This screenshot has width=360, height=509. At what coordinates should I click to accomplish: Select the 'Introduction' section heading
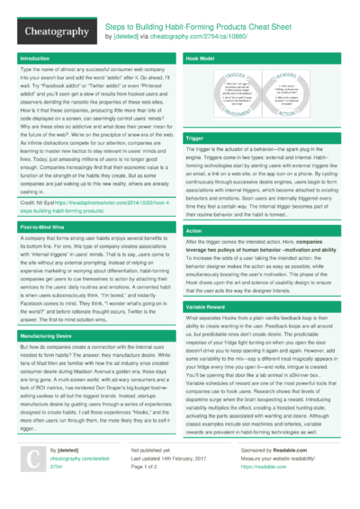point(36,58)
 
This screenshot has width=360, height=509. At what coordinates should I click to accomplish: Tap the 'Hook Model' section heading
point(199,58)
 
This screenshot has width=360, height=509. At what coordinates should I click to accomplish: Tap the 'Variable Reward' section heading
point(206,307)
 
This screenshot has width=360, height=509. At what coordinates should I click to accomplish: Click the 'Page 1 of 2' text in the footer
point(148,468)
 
